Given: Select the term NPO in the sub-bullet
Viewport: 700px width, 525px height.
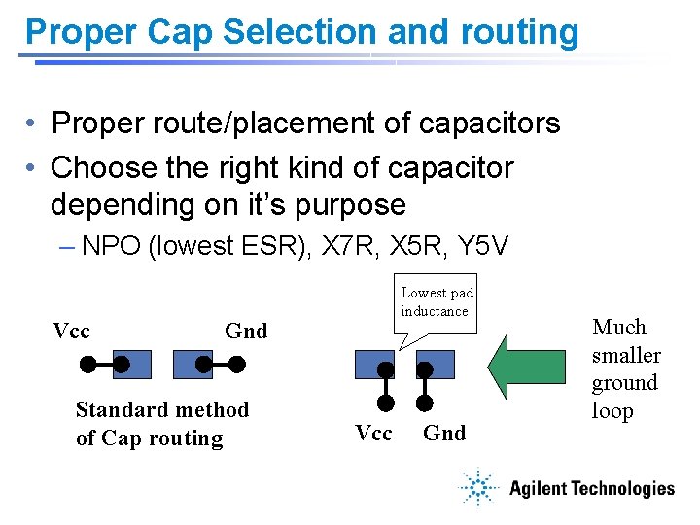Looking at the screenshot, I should click(111, 246).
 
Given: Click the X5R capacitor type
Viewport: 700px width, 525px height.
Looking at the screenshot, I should click(414, 246).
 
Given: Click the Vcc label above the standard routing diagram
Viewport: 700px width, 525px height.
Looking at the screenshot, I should click(71, 331).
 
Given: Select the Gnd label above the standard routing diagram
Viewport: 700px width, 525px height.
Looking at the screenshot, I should click(245, 331).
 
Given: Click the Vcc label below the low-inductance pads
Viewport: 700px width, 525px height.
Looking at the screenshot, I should click(373, 434).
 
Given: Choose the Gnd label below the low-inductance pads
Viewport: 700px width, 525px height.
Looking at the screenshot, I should click(444, 434).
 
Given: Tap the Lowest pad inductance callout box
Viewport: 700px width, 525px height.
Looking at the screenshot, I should click(437, 302).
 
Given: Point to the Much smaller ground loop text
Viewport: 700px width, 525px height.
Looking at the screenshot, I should click(625, 368).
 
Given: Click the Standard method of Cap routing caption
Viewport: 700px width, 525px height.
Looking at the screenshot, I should click(161, 424).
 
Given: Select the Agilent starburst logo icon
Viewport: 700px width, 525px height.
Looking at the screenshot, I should click(478, 489).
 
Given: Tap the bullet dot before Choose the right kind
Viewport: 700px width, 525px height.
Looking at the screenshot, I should click(33, 168).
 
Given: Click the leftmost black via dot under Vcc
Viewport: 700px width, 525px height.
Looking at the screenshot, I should click(87, 366).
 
